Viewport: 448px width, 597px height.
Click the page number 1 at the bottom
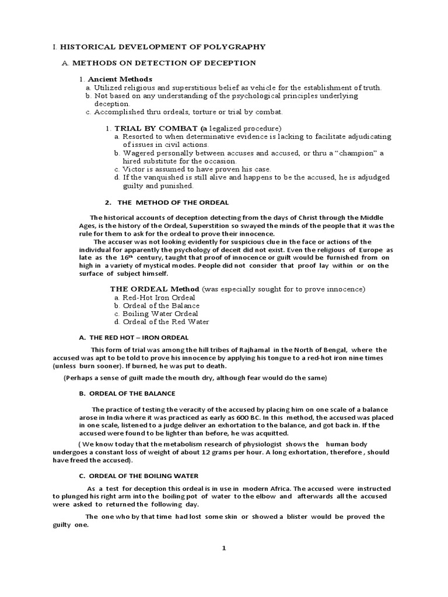click(x=223, y=548)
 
